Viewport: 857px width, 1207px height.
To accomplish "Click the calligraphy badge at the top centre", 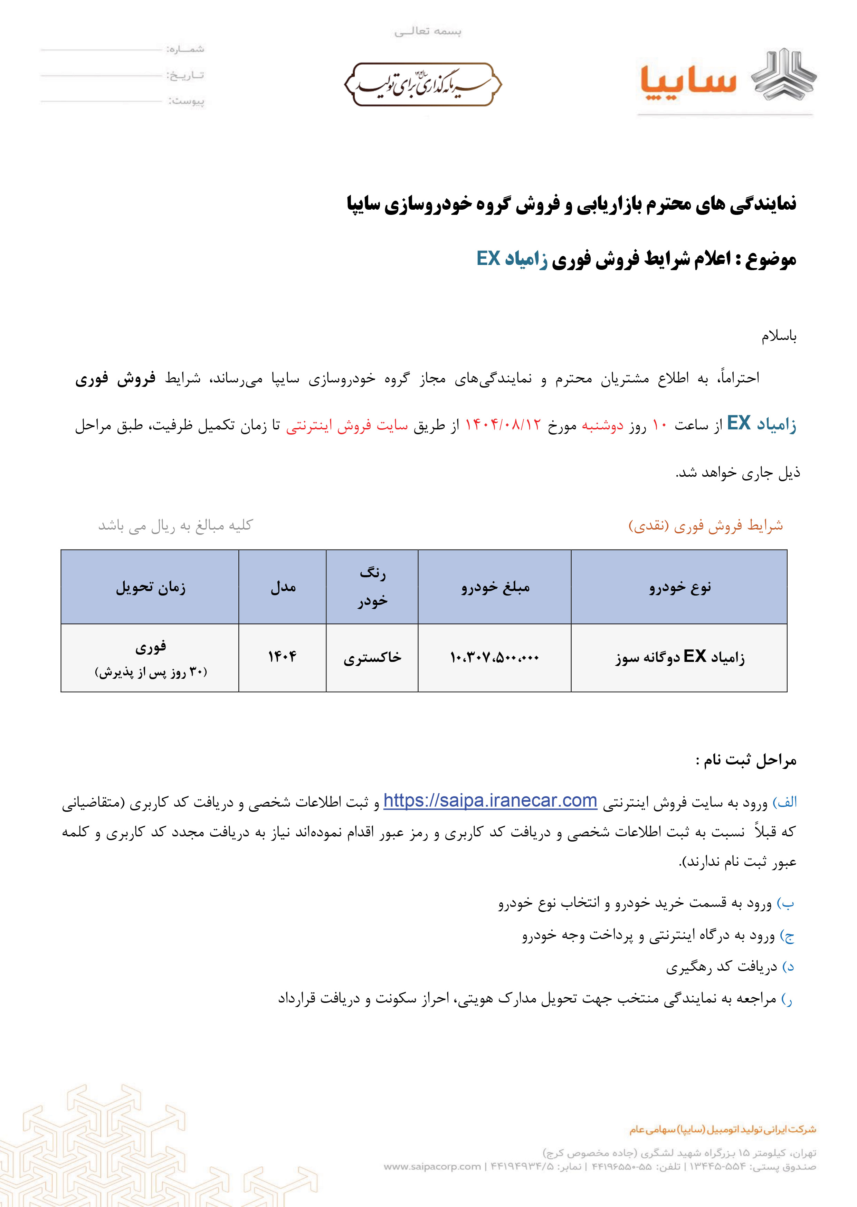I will tap(423, 84).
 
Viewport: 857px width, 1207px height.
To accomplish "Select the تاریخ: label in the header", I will tap(186, 75).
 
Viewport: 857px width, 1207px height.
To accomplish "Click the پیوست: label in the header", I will tap(186, 101).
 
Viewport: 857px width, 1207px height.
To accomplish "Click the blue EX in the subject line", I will tap(488, 259).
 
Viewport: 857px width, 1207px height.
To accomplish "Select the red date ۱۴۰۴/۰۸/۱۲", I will tap(503, 425).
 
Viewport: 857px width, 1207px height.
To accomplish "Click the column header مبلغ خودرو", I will tap(495, 587).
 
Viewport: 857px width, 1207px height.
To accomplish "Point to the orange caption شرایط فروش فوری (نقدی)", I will tap(706, 526).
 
